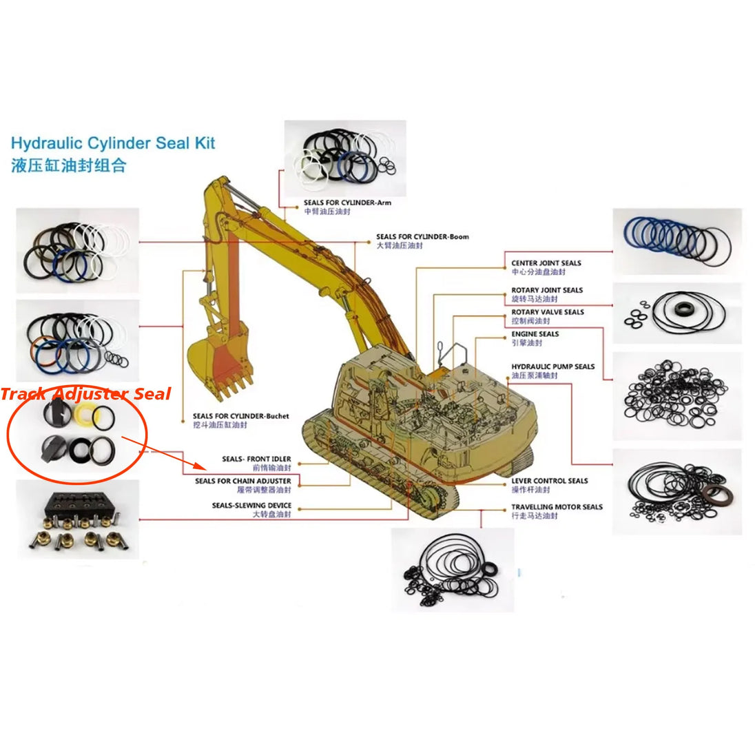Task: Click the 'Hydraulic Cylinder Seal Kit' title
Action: click(113, 143)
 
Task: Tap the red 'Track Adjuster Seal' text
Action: click(85, 394)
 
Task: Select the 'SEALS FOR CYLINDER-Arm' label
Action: click(347, 203)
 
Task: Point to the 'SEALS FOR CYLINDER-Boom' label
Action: click(422, 236)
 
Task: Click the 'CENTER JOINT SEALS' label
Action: click(546, 263)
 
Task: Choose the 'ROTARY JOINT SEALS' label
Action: click(547, 290)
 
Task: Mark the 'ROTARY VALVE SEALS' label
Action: click(547, 312)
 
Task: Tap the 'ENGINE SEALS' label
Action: click(535, 334)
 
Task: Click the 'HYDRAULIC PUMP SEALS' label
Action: click(552, 366)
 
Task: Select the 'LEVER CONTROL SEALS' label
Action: click(550, 481)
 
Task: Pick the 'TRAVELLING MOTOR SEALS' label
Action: click(557, 507)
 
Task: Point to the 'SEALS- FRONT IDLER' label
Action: click(256, 459)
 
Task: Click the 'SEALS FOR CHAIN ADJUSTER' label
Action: click(242, 481)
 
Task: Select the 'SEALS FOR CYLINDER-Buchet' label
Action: click(240, 416)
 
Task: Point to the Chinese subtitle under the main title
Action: click(69, 166)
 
